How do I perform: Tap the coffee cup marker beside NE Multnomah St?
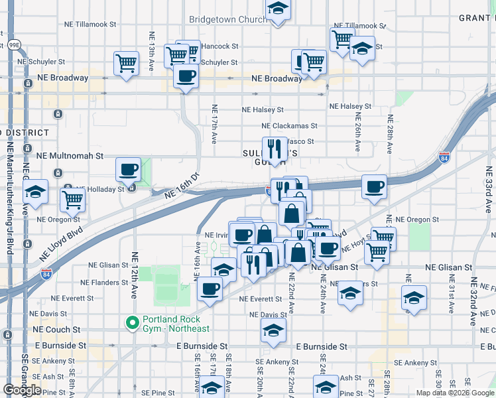coord(128,169)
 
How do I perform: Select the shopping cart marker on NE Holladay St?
coord(72,198)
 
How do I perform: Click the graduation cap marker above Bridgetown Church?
coord(278,9)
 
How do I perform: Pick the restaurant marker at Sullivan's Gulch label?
coord(274,148)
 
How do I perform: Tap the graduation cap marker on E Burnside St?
coord(273,330)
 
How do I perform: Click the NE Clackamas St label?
coord(290,125)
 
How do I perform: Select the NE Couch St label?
coord(58,329)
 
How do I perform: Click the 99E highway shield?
coord(13,45)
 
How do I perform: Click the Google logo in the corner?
coord(22,389)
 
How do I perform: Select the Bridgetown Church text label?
coord(228,20)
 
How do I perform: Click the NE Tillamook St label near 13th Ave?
coord(90,24)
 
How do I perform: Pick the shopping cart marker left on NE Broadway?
coord(126,64)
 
